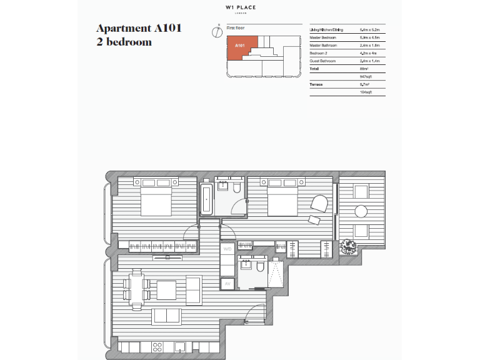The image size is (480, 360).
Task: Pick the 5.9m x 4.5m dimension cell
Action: pos(372,37)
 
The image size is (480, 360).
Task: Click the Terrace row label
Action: pos(316,84)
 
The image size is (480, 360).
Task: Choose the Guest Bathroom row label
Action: pos(323,61)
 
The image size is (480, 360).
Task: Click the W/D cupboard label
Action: pos(227,248)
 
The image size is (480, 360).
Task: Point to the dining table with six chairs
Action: pos(137,289)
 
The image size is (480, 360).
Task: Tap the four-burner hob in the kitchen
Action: pos(157,346)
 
